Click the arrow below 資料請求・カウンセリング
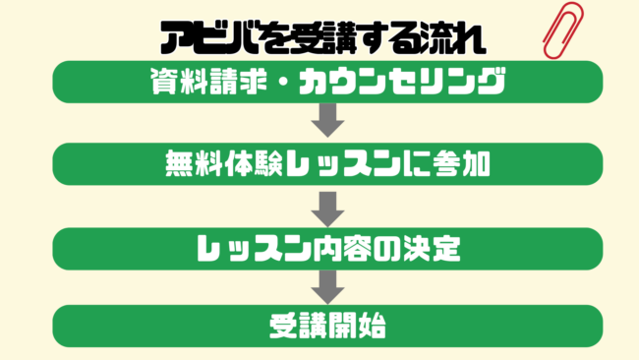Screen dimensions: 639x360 coord(326,123)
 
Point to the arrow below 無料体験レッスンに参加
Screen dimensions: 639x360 coord(326,206)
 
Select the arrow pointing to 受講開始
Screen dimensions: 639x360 coord(326,286)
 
